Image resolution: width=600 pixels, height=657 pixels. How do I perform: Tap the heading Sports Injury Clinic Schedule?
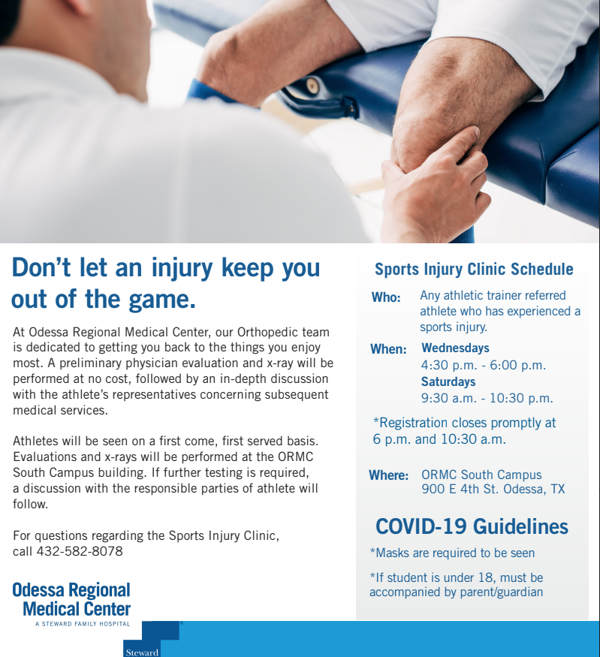point(474,269)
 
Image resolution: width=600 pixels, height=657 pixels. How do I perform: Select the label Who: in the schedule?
point(386,297)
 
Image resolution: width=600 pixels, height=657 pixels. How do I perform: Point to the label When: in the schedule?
point(388,349)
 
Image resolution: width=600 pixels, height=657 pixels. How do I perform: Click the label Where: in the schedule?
point(389,475)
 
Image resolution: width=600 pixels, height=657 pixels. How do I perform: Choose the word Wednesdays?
point(455,348)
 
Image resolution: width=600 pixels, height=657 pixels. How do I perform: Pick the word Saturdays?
point(448,381)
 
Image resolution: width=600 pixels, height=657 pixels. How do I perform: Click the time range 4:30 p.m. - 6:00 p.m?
point(484,366)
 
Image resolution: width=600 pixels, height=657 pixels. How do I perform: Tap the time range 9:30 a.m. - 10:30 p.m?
point(487,398)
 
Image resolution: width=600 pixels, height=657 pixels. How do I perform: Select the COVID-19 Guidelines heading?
point(472,526)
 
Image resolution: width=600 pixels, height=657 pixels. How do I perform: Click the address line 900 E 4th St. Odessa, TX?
point(493,490)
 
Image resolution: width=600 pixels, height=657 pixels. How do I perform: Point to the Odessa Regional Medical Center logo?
point(71,599)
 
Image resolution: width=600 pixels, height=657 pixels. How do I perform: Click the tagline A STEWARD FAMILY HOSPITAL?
point(82,624)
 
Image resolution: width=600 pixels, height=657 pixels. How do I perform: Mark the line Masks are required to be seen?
point(453,553)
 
